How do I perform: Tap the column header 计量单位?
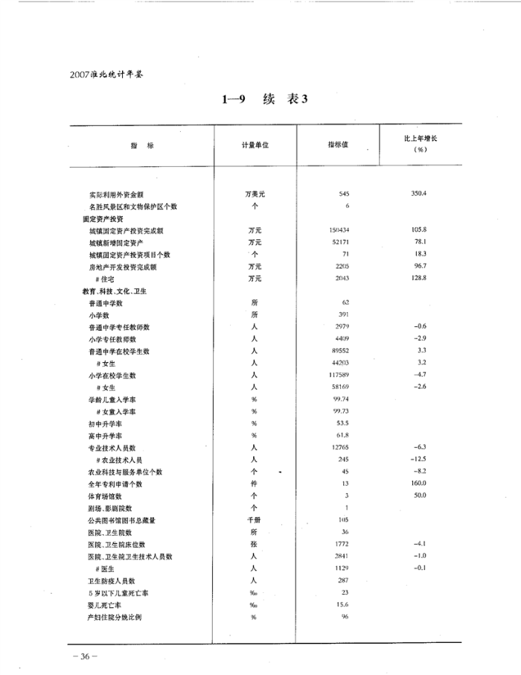point(255,145)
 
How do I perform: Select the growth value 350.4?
point(418,194)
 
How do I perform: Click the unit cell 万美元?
point(255,194)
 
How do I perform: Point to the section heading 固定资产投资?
point(103,218)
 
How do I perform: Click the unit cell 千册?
point(255,520)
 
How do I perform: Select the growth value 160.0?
point(418,484)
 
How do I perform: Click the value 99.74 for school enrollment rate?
point(341,399)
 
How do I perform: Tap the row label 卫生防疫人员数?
point(112,580)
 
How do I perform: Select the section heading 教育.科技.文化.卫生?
point(115,291)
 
